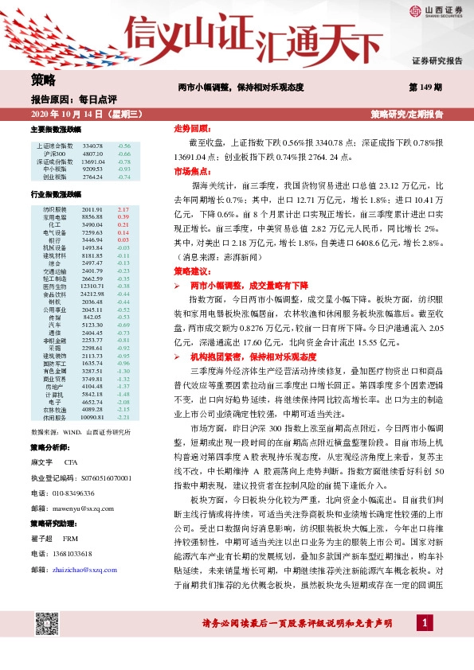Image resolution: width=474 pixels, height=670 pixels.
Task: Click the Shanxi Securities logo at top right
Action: tap(434, 12)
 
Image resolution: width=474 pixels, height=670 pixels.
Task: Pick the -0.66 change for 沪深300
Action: tap(123, 154)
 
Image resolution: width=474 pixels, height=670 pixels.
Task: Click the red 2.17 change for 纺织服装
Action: tap(123, 209)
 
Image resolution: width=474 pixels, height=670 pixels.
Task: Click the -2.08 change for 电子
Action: tap(123, 403)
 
